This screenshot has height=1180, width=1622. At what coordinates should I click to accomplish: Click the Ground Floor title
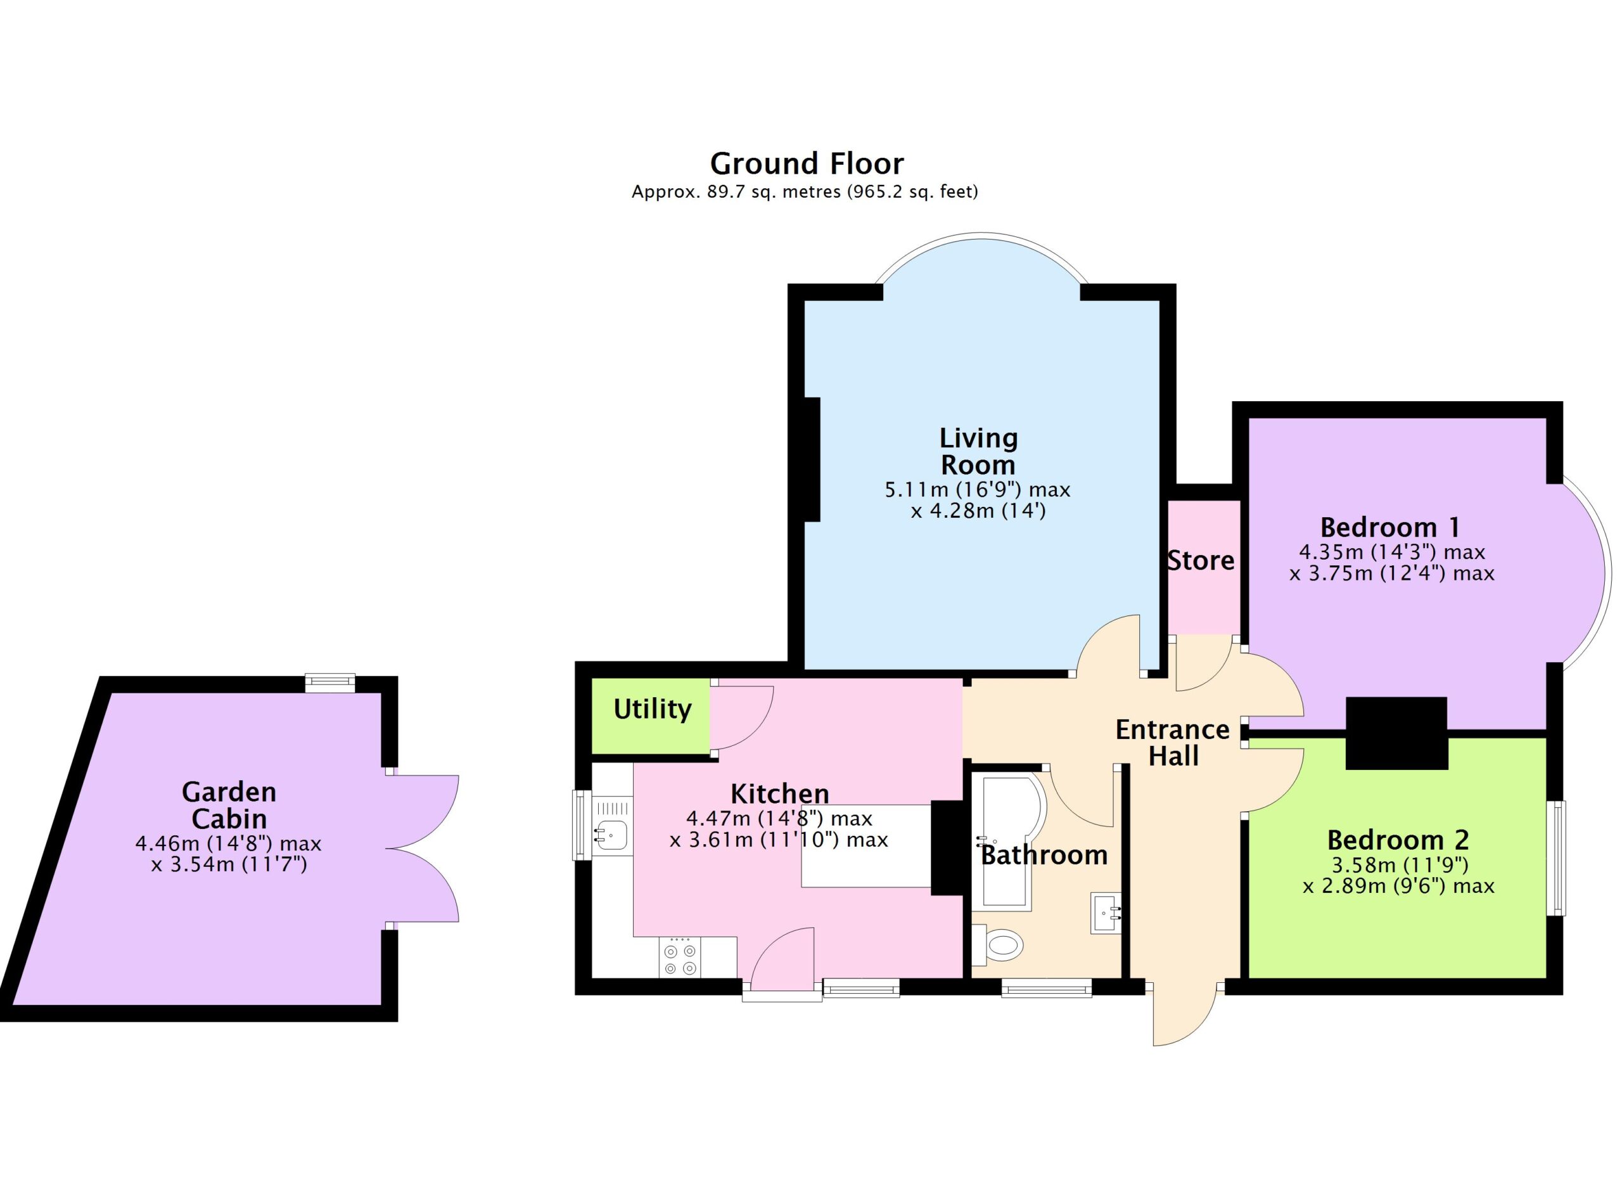pyautogui.click(x=806, y=164)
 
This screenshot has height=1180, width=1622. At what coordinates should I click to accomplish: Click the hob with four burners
pyautogui.click(x=679, y=958)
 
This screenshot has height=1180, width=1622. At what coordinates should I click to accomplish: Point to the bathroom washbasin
pyautogui.click(x=1106, y=913)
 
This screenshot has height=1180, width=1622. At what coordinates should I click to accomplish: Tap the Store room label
pyautogui.click(x=1201, y=561)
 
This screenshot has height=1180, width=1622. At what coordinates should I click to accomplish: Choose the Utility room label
pyautogui.click(x=652, y=709)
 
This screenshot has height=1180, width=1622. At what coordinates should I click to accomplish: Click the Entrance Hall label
pyautogui.click(x=1173, y=743)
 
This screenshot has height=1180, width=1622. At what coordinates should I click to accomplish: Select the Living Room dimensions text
pyautogui.click(x=978, y=500)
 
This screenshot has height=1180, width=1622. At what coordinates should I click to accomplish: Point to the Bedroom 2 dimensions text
pyautogui.click(x=1398, y=876)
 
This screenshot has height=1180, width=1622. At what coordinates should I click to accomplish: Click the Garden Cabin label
pyautogui.click(x=229, y=805)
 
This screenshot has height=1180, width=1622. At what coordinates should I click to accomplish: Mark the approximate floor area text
pyautogui.click(x=805, y=191)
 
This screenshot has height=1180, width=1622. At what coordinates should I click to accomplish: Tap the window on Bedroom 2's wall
pyautogui.click(x=1556, y=858)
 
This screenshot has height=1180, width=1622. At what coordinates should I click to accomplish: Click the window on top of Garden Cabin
pyautogui.click(x=329, y=683)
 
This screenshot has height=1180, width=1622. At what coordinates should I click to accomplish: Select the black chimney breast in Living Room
pyautogui.click(x=812, y=459)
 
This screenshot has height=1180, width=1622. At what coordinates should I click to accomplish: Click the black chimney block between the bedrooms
pyautogui.click(x=1396, y=733)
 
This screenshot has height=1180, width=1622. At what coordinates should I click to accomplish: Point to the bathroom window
pyautogui.click(x=1046, y=989)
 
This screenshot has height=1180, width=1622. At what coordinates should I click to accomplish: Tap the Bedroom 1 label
pyautogui.click(x=1390, y=528)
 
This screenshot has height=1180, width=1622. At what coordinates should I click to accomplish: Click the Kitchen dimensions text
pyautogui.click(x=779, y=829)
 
